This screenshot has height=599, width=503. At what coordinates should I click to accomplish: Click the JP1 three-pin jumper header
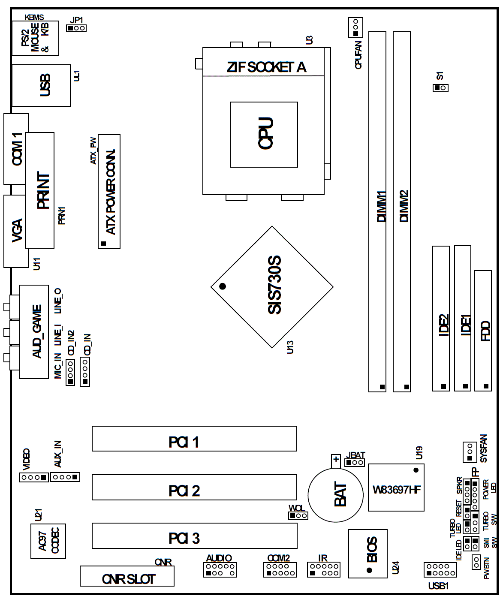[76, 28]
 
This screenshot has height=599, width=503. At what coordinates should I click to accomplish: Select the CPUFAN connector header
[355, 27]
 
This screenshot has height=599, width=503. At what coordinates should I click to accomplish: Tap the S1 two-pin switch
[440, 88]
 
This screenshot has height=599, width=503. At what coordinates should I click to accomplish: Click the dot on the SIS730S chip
[223, 286]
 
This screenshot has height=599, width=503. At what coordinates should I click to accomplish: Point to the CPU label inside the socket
[266, 133]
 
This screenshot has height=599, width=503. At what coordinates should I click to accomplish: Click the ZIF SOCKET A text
[266, 67]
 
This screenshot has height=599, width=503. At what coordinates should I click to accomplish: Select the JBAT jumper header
[355, 463]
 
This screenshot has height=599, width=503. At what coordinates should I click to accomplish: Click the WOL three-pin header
[298, 516]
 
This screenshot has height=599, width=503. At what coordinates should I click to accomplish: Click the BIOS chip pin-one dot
[370, 570]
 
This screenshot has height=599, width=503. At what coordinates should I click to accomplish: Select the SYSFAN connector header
[470, 452]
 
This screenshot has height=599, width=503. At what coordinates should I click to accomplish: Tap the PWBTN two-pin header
[476, 562]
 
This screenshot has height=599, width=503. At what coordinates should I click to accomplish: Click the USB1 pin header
[440, 570]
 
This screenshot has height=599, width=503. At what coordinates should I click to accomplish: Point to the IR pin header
[324, 570]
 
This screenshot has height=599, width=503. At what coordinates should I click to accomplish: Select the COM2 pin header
[280, 570]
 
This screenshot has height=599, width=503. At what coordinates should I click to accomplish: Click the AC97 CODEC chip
[48, 542]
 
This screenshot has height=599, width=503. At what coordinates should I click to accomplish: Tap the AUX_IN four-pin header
[65, 477]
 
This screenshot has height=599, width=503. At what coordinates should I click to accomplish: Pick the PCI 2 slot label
[184, 491]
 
